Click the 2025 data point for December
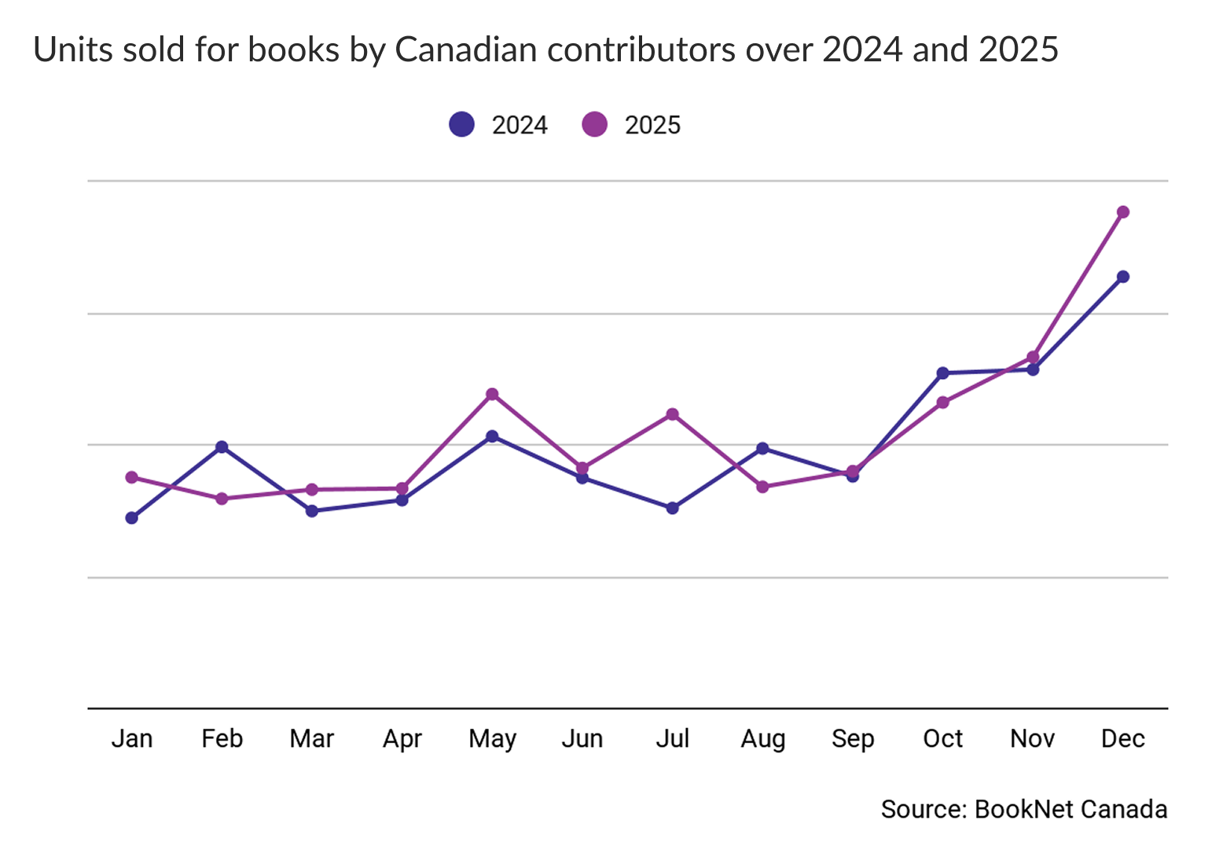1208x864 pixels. coord(1122,212)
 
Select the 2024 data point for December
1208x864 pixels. coord(1122,277)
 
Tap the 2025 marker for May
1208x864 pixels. coord(492,394)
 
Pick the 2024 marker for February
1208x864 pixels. coord(222,447)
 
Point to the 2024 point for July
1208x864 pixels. coord(672,508)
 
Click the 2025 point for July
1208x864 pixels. coord(672,414)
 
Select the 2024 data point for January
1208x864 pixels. coord(132,518)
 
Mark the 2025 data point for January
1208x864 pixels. coord(132,477)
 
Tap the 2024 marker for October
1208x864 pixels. coord(942,373)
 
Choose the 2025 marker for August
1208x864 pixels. coord(762,487)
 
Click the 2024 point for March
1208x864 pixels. coord(312,511)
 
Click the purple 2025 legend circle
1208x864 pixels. coord(594,124)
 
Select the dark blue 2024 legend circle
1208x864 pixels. coord(461,124)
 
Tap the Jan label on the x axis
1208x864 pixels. coord(132,739)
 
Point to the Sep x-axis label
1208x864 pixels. coord(853,739)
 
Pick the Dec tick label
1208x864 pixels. coord(1122,739)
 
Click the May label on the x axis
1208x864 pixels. coord(492,739)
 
